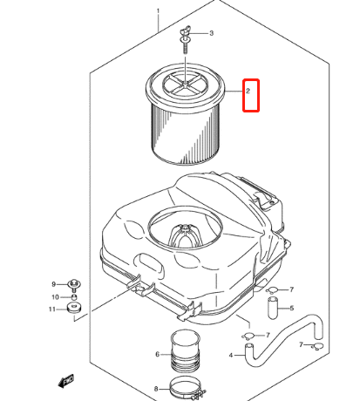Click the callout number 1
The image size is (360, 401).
tap(158, 11)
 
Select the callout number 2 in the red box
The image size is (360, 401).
tap(248, 91)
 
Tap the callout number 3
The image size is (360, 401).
tap(212, 33)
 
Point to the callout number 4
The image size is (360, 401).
tap(231, 355)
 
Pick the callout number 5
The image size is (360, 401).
tap(292, 308)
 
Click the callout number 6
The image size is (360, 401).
tap(158, 354)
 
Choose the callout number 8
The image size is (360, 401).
tap(156, 389)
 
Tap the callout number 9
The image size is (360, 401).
tap(53, 284)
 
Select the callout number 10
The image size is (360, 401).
tap(55, 297)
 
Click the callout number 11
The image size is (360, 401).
tap(52, 309)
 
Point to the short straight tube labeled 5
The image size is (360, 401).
tap(272, 308)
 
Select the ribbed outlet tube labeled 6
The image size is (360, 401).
tap(186, 351)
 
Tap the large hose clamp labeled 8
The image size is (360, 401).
tap(188, 388)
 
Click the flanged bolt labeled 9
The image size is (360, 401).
tap(74, 285)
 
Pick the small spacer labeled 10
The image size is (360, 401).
tap(74, 297)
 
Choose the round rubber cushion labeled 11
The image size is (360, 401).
tap(73, 308)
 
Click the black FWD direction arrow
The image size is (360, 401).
tap(66, 381)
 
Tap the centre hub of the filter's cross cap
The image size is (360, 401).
tap(185, 84)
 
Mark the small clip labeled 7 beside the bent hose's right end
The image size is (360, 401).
tap(317, 346)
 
